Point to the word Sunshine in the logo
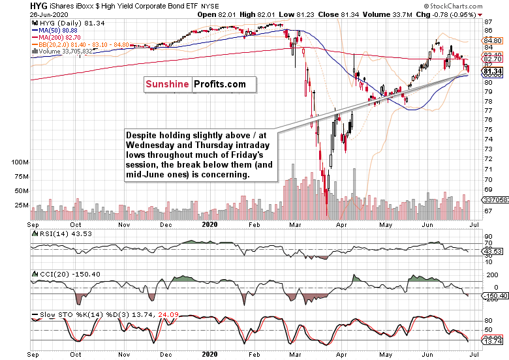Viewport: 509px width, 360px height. (167, 84)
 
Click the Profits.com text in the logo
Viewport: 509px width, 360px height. (219, 84)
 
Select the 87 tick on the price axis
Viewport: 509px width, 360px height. (488, 22)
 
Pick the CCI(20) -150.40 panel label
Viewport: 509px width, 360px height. (60, 274)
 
